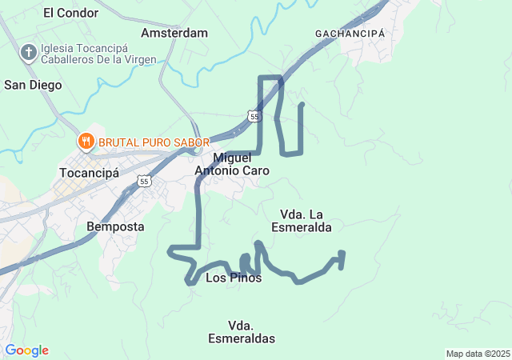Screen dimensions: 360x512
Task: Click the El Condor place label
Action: click(71, 13)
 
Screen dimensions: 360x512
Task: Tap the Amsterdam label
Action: click(174, 34)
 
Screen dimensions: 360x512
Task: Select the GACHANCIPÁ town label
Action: click(350, 34)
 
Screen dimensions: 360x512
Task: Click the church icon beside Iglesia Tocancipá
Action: click(28, 54)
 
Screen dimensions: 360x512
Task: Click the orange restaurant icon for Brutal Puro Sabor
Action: click(86, 142)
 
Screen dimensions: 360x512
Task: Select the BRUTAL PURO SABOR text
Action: click(148, 142)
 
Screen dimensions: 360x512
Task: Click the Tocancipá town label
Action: click(89, 173)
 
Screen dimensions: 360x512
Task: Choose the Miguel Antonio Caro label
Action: click(232, 164)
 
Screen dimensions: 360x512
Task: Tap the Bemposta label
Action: click(115, 226)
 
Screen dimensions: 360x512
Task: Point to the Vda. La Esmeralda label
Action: click(306, 220)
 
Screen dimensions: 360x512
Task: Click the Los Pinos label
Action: click(234, 278)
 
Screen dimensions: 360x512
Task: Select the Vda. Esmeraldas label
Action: click(241, 332)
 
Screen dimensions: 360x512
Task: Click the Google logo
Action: click(26, 350)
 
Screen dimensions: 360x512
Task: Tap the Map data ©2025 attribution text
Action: click(478, 354)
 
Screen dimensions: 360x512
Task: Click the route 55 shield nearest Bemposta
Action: click(144, 182)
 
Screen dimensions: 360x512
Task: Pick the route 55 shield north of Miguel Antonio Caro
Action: click(254, 117)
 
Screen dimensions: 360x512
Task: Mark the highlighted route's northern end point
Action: click(302, 104)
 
